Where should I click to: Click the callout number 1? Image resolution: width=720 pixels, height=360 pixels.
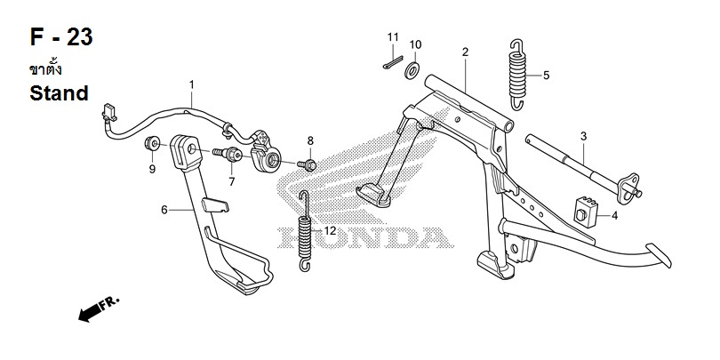point(191,85)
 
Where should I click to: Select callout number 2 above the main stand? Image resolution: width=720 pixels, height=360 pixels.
point(465,52)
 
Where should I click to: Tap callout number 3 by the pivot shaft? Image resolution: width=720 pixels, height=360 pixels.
point(583,136)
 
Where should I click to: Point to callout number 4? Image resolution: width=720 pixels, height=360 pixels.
point(614,215)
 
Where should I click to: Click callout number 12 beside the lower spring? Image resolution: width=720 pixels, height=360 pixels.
point(330,230)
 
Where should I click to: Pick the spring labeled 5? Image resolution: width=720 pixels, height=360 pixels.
point(517,75)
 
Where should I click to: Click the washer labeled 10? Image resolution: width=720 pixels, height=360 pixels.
point(413,71)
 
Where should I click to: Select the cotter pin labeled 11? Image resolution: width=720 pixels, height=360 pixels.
point(393,62)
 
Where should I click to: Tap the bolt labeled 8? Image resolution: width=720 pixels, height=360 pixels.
point(308,164)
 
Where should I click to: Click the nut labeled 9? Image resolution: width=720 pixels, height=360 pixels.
point(152,143)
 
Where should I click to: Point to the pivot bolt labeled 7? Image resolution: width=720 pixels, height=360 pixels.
point(228,154)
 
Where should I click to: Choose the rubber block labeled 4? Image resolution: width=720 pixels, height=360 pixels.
point(586,212)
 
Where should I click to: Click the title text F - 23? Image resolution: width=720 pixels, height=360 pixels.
point(61,37)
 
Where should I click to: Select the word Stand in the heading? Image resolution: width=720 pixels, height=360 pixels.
point(59,93)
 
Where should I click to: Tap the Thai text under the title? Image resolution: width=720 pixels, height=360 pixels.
point(45,68)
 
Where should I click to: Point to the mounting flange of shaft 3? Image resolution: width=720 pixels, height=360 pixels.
point(628,188)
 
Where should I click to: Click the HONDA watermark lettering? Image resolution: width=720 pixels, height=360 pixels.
point(366,238)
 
